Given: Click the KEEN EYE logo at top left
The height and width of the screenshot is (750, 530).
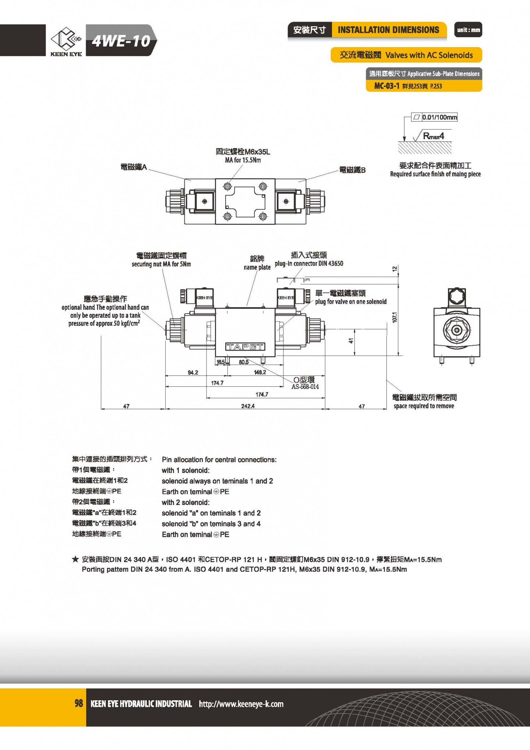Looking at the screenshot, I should coord(66,41).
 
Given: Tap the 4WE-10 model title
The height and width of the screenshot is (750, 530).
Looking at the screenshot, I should coord(121,41).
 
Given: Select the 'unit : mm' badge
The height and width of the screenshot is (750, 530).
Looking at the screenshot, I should coord(468,30).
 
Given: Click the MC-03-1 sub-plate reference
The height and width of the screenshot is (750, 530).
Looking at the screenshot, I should coord(387,86).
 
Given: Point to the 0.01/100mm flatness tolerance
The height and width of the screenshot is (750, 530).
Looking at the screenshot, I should coord(439,118).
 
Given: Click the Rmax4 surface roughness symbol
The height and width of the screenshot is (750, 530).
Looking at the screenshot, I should coord(433,136).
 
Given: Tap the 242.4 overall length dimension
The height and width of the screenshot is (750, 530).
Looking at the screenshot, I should coord(248,406).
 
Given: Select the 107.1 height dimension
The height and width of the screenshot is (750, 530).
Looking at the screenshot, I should coord(395,317).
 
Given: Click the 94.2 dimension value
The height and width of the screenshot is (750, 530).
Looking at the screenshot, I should coord(193,372).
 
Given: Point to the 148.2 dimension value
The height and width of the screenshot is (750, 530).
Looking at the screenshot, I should coord(260,372).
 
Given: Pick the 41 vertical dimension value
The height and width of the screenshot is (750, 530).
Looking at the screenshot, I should coord(351,341).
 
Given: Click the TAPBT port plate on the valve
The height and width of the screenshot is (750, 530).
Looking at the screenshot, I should coord(245,347).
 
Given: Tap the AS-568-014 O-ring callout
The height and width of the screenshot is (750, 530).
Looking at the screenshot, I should coord(305,387).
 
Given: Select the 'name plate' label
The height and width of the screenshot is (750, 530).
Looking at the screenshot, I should coord(257,267).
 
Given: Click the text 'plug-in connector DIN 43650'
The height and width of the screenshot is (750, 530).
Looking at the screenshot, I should coord(309,264).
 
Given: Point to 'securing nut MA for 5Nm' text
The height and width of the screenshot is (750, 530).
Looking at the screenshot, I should coord(161,264).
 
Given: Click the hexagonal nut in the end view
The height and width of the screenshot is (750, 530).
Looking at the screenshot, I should coord(456,330).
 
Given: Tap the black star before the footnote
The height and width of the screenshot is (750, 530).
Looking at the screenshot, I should coord(75,560).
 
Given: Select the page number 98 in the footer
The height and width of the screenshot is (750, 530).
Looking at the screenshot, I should coord(79,704).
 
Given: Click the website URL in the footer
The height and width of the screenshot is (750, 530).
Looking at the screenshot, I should coord(241,704).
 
